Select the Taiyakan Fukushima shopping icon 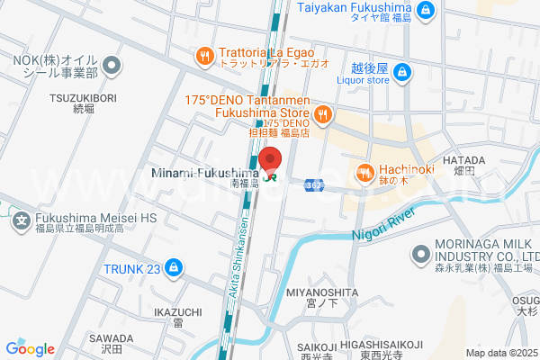tap(427, 11)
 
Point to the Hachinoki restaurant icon tap(364, 171)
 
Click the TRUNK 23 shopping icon tap(173, 267)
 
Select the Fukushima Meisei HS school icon tap(22, 219)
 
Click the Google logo tap(31, 349)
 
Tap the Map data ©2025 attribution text tap(501, 353)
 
